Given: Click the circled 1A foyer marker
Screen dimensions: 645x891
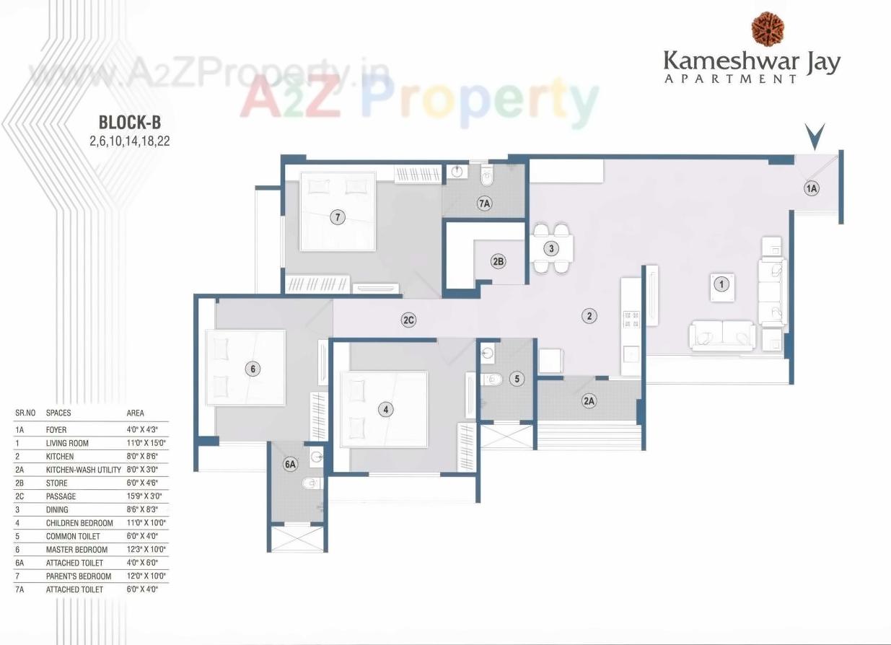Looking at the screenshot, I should pyautogui.click(x=812, y=188).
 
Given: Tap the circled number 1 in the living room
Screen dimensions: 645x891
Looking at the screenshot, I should pyautogui.click(x=720, y=284).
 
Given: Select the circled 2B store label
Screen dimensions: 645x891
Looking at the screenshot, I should pyautogui.click(x=498, y=261).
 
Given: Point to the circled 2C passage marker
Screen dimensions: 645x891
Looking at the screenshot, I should pyautogui.click(x=408, y=320).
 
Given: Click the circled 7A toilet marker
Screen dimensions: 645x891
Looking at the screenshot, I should pyautogui.click(x=484, y=204).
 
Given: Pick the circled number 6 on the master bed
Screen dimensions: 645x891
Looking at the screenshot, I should pyautogui.click(x=251, y=369).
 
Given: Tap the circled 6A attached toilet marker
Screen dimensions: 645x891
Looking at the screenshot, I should pyautogui.click(x=291, y=465).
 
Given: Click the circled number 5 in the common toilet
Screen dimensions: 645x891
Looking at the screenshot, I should pyautogui.click(x=517, y=378).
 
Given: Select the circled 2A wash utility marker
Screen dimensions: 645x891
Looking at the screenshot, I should pyautogui.click(x=589, y=401).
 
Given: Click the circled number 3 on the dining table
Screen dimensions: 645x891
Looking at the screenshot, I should pyautogui.click(x=551, y=249).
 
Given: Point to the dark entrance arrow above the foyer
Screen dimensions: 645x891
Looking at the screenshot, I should pyautogui.click(x=815, y=136).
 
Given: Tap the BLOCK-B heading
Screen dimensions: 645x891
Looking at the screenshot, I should pyautogui.click(x=129, y=120).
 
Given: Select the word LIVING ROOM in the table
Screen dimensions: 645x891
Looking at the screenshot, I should pyautogui.click(x=67, y=443).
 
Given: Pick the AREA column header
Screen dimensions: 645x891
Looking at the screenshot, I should pyautogui.click(x=135, y=413).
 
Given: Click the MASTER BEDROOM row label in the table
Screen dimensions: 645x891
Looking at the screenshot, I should pyautogui.click(x=76, y=550).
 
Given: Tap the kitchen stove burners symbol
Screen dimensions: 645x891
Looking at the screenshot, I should pyautogui.click(x=631, y=319).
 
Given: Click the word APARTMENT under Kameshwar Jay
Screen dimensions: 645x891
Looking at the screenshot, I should pyautogui.click(x=730, y=78).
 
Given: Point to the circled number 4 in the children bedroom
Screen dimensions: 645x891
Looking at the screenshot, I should pyautogui.click(x=387, y=409).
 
